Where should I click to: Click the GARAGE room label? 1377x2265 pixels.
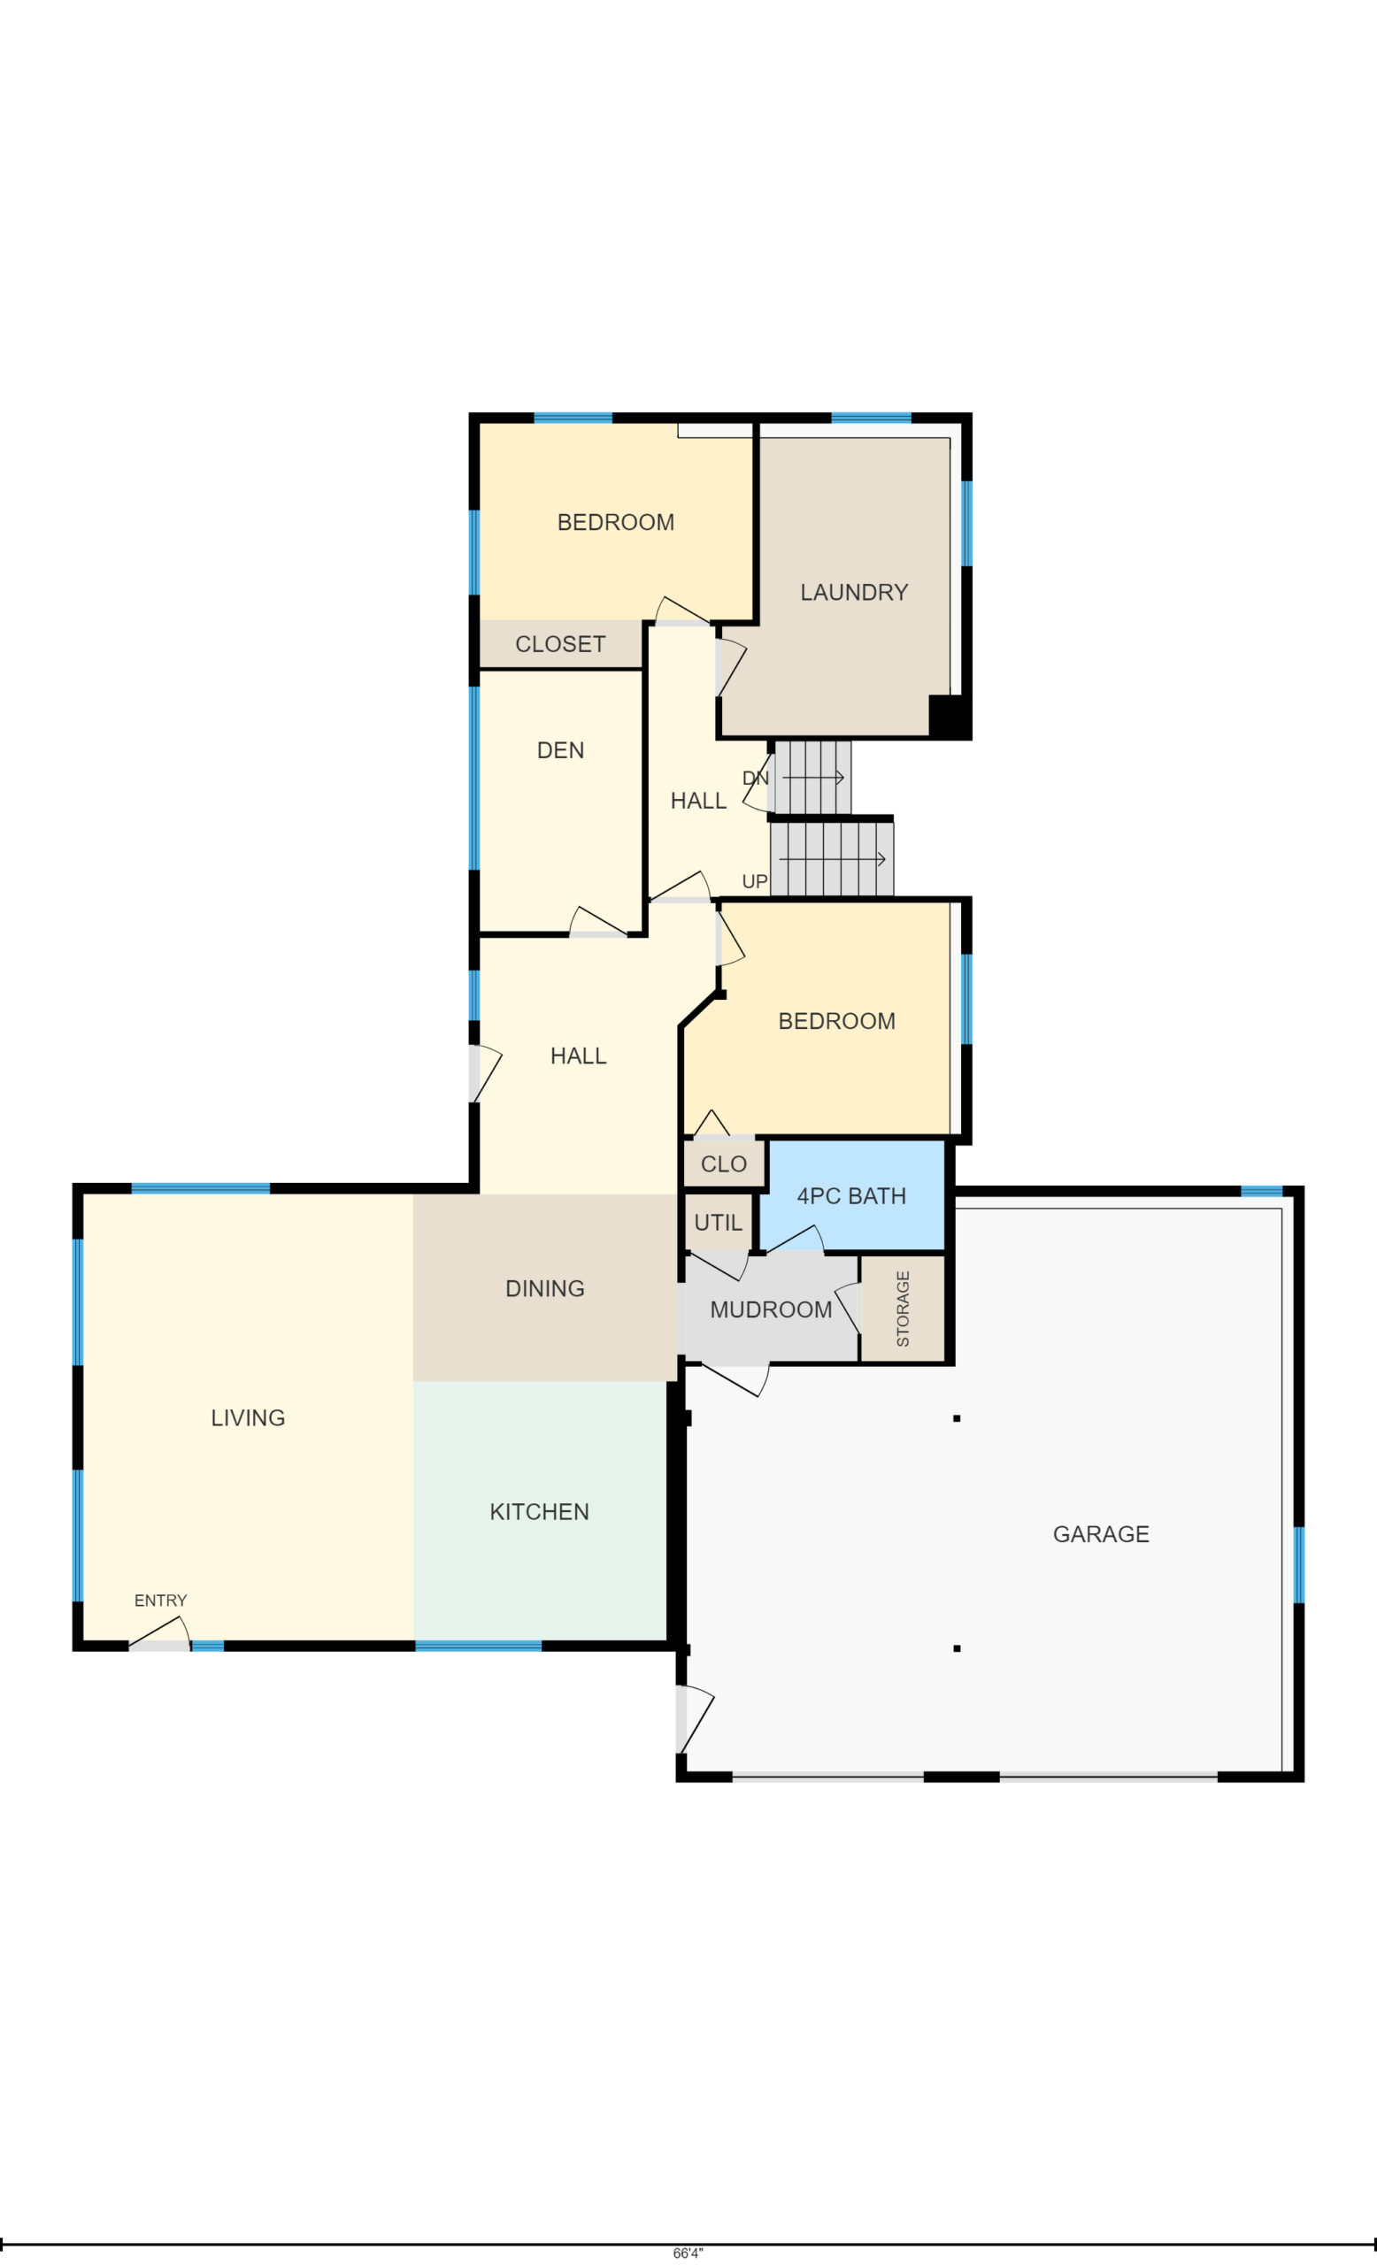coord(1100,1534)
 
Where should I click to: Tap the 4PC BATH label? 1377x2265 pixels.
coord(851,1196)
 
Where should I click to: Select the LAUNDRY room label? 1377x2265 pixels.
coord(854,592)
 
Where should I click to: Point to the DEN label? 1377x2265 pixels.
coord(560,750)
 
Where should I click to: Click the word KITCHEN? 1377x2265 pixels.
coord(539,1512)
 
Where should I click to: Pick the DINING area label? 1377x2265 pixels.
coord(545,1289)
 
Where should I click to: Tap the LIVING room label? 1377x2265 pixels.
coord(248,1418)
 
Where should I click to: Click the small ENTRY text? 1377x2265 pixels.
coord(161,1601)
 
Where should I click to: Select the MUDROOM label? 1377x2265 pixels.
coord(770,1310)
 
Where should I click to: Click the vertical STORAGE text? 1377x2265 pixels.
coord(903,1309)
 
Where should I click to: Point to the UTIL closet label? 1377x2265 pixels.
coord(718,1223)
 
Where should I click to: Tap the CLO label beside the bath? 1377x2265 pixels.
coord(723,1164)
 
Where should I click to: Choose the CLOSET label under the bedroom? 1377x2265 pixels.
coord(560,644)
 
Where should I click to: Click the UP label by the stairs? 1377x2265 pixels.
coord(755,881)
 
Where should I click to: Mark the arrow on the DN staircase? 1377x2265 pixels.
coord(812,778)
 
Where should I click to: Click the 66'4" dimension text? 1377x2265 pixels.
coord(688,2253)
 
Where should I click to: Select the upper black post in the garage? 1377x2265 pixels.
coord(957,1418)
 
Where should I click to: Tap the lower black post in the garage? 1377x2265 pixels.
coord(957,1648)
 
